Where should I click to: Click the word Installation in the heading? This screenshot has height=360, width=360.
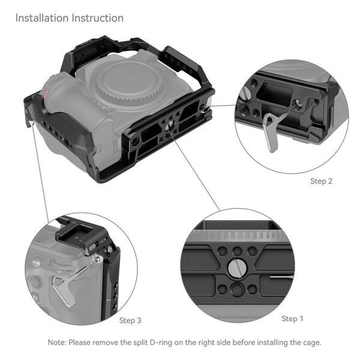point(41,18)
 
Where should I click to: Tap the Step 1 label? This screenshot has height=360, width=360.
point(292,318)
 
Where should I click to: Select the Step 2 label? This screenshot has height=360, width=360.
point(321,181)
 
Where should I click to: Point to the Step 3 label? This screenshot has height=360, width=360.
point(130,320)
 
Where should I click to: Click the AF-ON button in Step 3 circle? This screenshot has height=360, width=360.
point(36,262)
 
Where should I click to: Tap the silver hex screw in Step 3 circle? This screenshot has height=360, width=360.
point(96,259)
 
